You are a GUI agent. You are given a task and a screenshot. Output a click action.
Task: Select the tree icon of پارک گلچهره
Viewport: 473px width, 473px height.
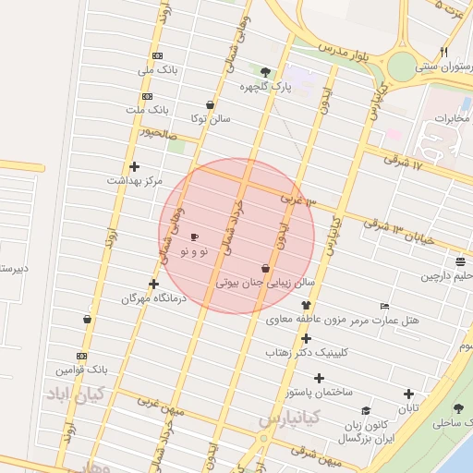(x=266, y=71)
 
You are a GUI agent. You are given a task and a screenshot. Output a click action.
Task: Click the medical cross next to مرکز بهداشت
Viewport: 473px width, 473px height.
(x=135, y=167)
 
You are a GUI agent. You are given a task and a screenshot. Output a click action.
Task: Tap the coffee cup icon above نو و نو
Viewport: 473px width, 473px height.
(x=194, y=237)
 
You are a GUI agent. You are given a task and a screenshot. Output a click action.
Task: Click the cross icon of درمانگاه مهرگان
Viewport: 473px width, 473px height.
(x=153, y=285)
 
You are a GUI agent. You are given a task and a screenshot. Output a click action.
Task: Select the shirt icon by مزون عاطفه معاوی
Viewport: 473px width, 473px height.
(x=307, y=306)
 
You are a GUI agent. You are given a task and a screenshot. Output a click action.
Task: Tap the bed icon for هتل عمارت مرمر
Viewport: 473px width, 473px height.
(x=385, y=306)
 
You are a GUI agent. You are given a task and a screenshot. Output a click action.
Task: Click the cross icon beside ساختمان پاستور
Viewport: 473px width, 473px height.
(x=320, y=378)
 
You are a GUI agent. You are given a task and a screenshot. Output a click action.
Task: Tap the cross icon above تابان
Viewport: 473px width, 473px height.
(x=408, y=394)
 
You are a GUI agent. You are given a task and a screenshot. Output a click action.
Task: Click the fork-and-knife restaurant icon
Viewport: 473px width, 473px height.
(x=444, y=52)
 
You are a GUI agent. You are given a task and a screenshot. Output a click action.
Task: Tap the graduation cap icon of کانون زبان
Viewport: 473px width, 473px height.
(x=366, y=411)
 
